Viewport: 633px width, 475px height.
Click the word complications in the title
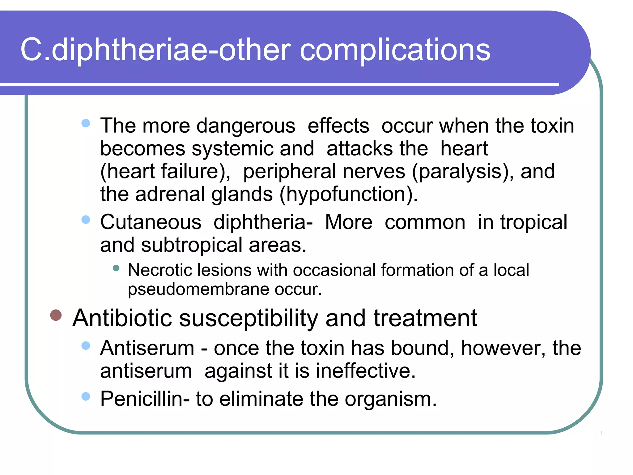395,50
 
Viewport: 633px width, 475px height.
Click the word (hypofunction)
348,195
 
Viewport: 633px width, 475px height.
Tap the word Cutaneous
151,222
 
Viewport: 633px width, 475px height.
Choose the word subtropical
192,245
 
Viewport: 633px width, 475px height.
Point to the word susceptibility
249,319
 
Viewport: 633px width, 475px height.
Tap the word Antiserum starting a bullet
147,348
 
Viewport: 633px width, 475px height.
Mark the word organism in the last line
391,399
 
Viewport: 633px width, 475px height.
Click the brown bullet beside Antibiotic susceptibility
56,315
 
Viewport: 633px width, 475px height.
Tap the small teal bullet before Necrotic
116,268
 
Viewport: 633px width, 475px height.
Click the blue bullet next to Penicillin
86,396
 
